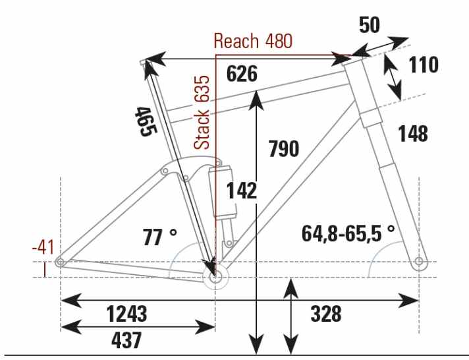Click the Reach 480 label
click(253, 42)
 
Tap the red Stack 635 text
click(202, 113)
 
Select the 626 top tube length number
click(242, 74)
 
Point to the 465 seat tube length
click(146, 122)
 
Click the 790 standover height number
click(284, 148)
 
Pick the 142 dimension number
click(241, 191)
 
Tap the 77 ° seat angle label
click(160, 237)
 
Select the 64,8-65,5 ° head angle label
click(348, 233)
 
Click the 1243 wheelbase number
click(127, 314)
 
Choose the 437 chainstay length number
click(126, 340)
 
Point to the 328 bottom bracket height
click(326, 314)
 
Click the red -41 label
click(43, 248)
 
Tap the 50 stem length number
click(370, 25)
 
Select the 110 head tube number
click(424, 65)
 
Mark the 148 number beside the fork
click(413, 134)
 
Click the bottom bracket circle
click(215, 277)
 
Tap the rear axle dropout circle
click(61, 262)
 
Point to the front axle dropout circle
click(419, 262)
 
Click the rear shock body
click(223, 192)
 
